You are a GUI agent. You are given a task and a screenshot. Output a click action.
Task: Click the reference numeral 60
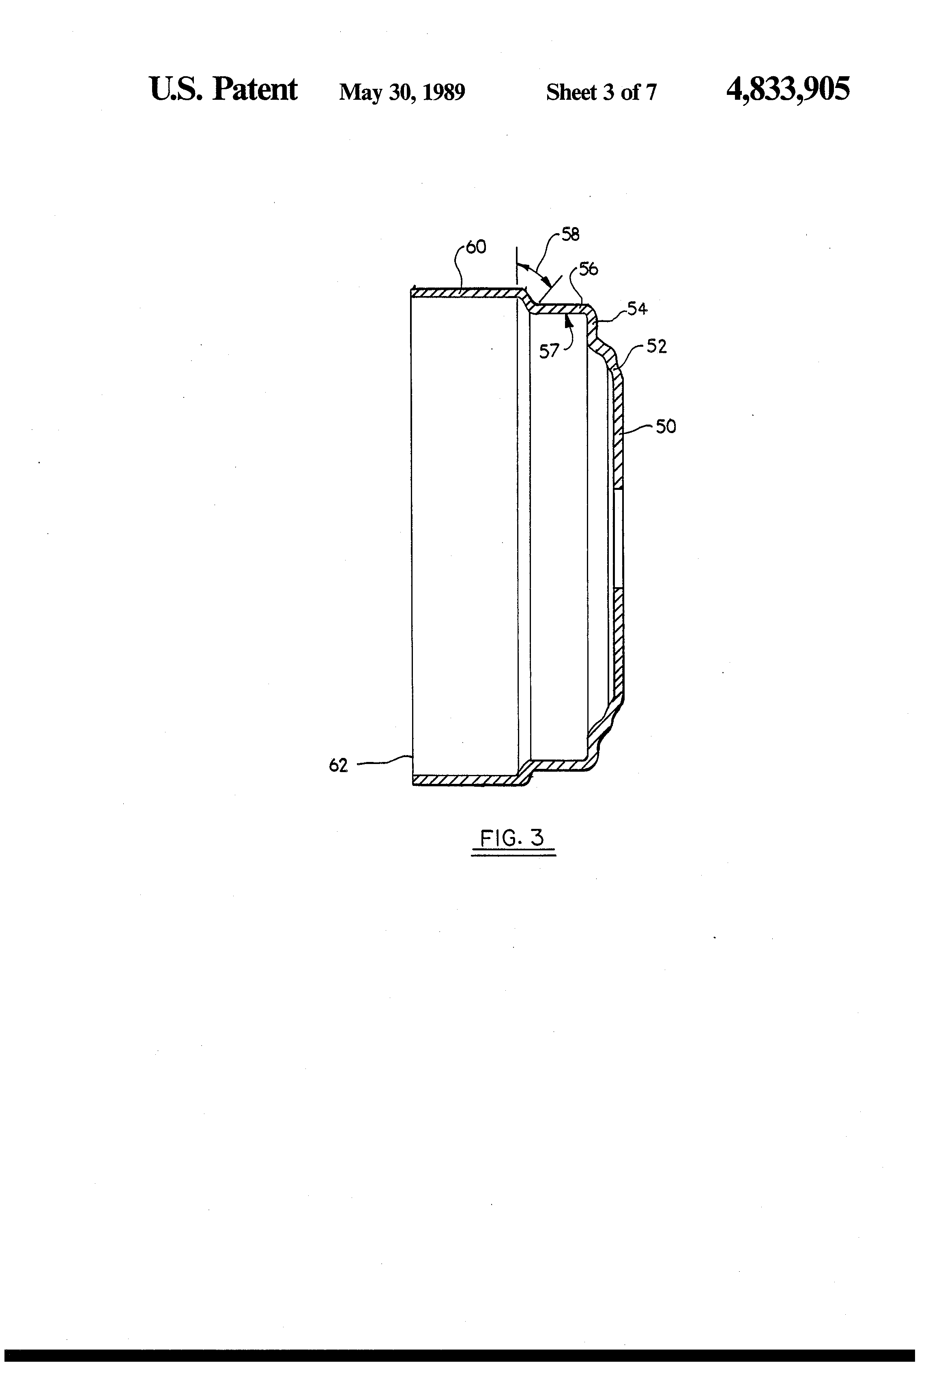tap(476, 247)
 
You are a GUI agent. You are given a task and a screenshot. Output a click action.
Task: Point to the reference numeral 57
tap(549, 352)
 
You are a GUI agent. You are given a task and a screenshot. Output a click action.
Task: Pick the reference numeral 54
tap(637, 309)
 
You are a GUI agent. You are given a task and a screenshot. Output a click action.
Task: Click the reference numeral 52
tap(657, 347)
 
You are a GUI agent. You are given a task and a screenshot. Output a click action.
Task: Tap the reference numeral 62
tap(338, 766)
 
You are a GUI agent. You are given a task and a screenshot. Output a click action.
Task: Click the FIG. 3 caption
tap(512, 839)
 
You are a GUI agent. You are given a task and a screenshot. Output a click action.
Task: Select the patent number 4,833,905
tap(788, 90)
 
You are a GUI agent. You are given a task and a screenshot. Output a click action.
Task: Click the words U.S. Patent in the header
tap(223, 90)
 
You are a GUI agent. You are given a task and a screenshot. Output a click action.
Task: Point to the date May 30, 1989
tap(402, 92)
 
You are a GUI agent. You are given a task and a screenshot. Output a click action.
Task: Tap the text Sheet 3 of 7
tap(601, 92)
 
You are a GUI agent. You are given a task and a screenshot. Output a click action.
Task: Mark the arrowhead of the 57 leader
tap(569, 321)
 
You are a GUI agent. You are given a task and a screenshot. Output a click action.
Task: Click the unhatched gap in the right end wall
tap(618, 538)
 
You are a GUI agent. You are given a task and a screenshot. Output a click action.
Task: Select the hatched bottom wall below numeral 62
tap(467, 779)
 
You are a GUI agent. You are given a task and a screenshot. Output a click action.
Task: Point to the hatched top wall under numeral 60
tap(467, 292)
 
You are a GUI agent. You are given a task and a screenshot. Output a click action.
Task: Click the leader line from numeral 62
tap(384, 761)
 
